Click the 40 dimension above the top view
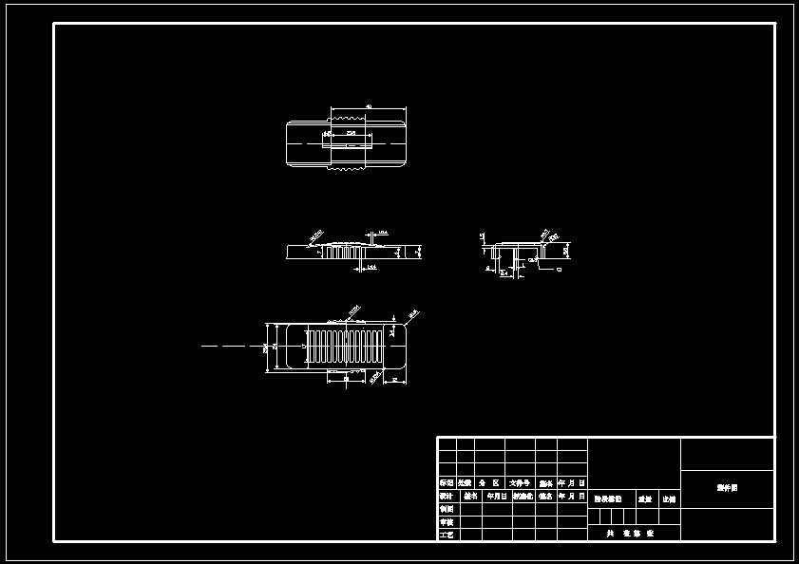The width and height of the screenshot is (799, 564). [x=369, y=106]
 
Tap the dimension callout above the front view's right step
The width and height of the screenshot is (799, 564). [x=383, y=232]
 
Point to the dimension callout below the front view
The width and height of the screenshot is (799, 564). [x=371, y=269]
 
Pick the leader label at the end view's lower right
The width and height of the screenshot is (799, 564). [x=559, y=270]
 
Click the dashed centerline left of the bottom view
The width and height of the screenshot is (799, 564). [x=224, y=347]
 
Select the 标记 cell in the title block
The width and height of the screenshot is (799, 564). [x=447, y=483]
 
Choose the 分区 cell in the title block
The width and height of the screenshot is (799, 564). [x=488, y=483]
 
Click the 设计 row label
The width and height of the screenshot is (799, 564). [x=447, y=496]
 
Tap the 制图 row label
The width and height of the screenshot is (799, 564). [x=447, y=509]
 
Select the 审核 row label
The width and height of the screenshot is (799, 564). [x=447, y=522]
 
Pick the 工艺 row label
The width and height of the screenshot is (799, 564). [x=447, y=536]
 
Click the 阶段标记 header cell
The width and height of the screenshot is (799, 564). [x=608, y=498]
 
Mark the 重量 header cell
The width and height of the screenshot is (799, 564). [x=645, y=498]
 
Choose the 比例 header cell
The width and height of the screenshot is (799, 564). [x=669, y=498]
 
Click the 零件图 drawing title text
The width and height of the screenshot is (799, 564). [x=727, y=488]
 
